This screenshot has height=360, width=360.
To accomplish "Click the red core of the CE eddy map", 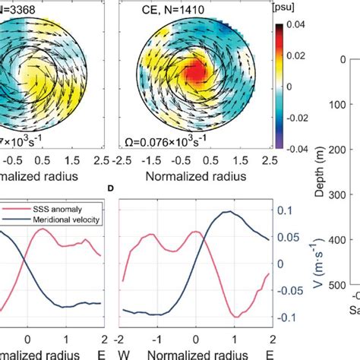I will [x=197, y=74].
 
